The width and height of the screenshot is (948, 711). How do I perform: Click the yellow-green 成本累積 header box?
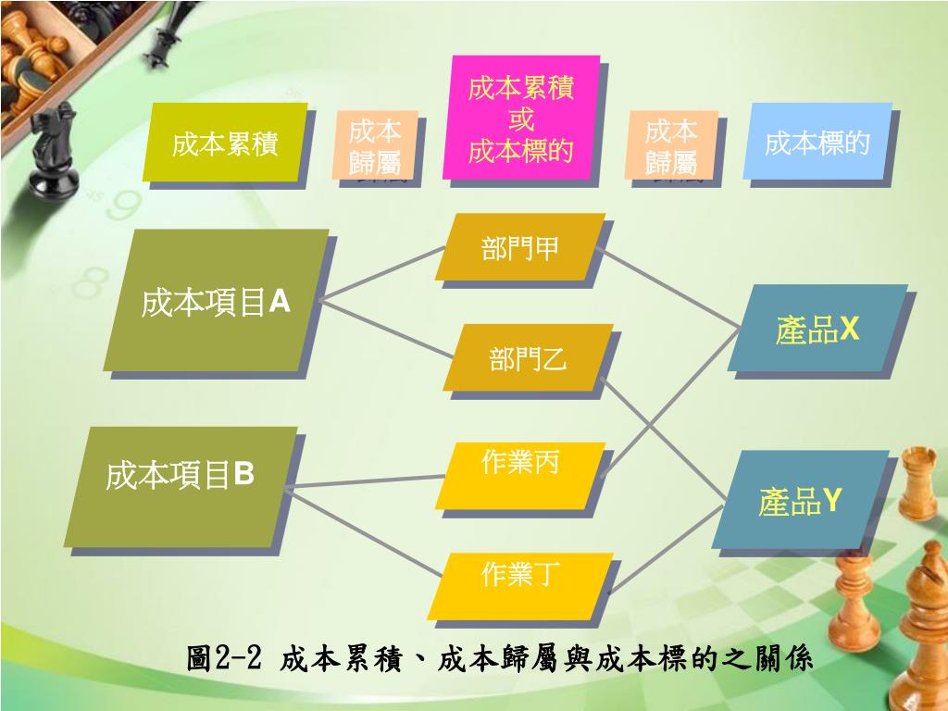click(x=224, y=143)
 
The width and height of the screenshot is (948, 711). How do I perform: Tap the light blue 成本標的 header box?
click(x=817, y=143)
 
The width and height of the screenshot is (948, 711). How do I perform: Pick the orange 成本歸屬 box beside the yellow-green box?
click(x=375, y=145)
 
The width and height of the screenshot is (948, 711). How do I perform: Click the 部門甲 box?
click(x=522, y=247)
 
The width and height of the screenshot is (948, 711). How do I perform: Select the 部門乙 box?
click(x=530, y=358)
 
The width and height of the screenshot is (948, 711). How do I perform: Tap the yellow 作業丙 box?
click(x=520, y=475)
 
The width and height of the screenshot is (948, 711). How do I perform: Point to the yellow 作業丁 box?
click(x=520, y=585)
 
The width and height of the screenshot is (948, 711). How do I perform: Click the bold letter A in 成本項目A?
click(x=279, y=302)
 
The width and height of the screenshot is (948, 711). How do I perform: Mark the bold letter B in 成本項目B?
click(x=243, y=475)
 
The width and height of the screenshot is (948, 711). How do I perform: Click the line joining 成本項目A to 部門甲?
click(x=380, y=276)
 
